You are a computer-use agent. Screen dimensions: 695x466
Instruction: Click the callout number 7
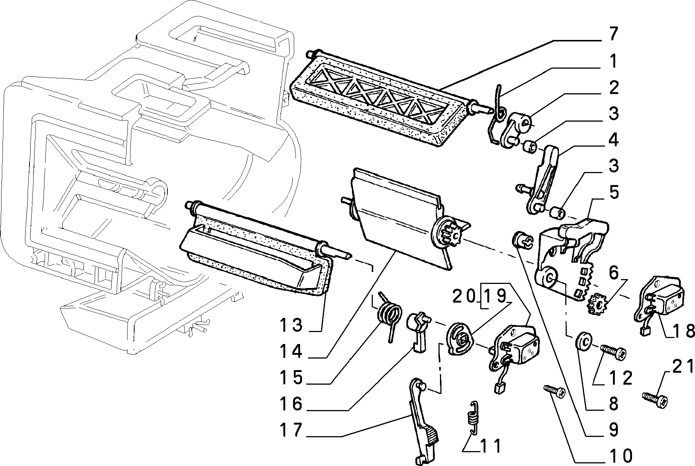coord(610,34)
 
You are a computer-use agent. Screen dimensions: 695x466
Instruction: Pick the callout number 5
coord(610,193)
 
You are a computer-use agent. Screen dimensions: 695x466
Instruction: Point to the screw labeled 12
coord(613,352)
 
